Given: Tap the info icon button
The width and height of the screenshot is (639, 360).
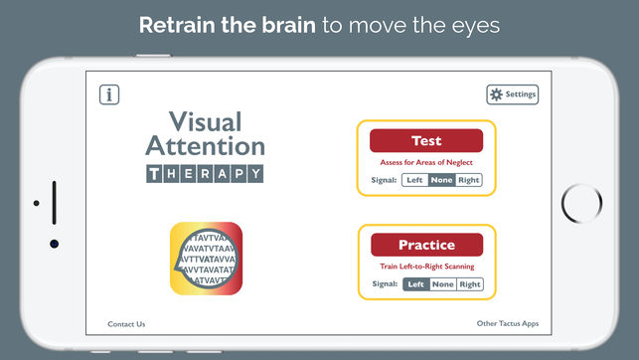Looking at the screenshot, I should pyautogui.click(x=109, y=94).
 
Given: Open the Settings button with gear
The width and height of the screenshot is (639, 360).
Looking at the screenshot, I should pyautogui.click(x=512, y=94).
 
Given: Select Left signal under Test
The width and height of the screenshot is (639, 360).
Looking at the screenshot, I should pyautogui.click(x=415, y=180).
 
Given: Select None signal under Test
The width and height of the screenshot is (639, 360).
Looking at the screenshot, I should pyautogui.click(x=442, y=180).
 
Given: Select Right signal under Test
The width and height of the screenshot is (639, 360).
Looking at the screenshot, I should pyautogui.click(x=469, y=180).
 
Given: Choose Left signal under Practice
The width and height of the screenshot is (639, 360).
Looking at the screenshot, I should pyautogui.click(x=415, y=284).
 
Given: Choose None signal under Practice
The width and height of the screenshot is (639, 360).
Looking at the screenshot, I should pyautogui.click(x=442, y=284).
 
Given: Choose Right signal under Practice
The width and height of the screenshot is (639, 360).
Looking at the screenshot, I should pyautogui.click(x=470, y=284).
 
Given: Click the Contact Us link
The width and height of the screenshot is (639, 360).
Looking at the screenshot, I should pyautogui.click(x=126, y=324).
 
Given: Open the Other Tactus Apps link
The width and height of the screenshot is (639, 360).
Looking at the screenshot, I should pyautogui.click(x=506, y=324).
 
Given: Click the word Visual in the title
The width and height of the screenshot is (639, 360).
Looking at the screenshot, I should pyautogui.click(x=205, y=123).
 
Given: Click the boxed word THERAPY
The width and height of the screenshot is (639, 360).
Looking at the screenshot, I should pyautogui.click(x=205, y=174).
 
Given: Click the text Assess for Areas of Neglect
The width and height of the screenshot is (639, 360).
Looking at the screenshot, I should pyautogui.click(x=426, y=162).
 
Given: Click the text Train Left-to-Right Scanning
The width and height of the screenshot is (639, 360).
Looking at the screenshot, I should pyautogui.click(x=426, y=267).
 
